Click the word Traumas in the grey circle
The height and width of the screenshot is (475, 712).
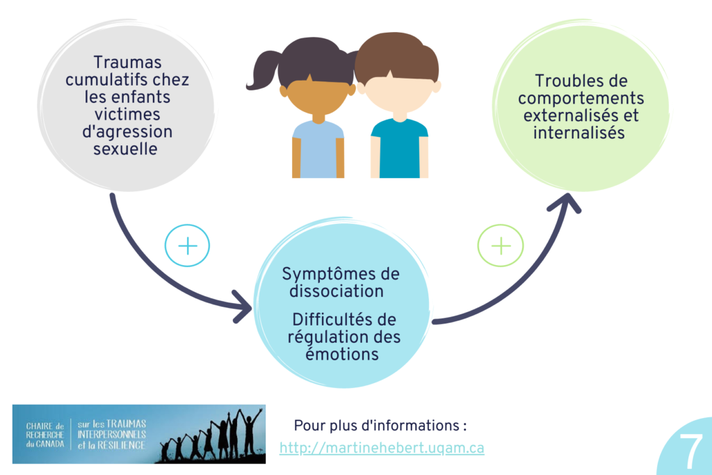coord(127,63)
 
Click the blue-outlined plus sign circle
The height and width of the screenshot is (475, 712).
coord(187,246)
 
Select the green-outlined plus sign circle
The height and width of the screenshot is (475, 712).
coord(501,246)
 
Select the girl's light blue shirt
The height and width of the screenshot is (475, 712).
coord(318,150)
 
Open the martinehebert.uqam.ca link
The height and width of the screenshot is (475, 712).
coord(382,448)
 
